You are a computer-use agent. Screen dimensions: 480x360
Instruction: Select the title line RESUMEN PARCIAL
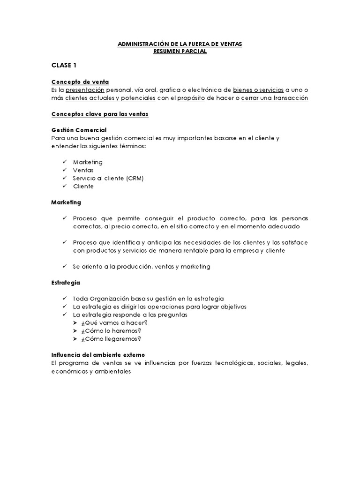180,52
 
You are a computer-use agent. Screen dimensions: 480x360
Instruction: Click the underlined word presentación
85,90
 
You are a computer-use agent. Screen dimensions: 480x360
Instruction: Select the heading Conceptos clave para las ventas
99,114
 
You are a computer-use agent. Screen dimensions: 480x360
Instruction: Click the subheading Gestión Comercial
79,130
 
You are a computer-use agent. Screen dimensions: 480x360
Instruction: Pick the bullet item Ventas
83,170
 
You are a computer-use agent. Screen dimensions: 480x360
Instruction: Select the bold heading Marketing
66,202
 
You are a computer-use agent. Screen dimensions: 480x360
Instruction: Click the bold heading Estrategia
66,283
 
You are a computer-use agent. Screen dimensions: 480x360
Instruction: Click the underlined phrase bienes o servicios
258,90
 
